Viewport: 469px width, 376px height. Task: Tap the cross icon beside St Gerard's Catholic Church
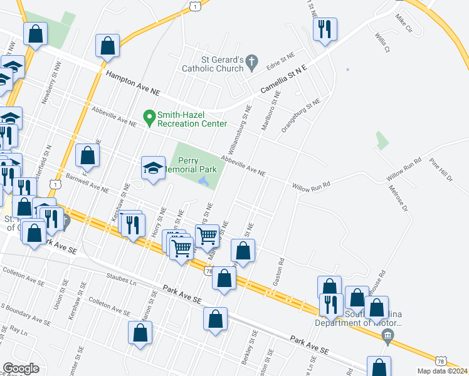tap(252, 61)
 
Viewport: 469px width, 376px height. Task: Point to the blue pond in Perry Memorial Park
tap(204, 182)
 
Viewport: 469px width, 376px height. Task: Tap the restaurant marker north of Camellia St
tap(325, 29)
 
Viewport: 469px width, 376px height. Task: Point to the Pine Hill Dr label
tap(441, 170)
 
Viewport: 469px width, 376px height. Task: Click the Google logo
tap(21, 368)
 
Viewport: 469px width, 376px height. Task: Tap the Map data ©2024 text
tap(441, 371)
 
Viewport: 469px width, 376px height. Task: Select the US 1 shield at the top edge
tap(197, 6)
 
